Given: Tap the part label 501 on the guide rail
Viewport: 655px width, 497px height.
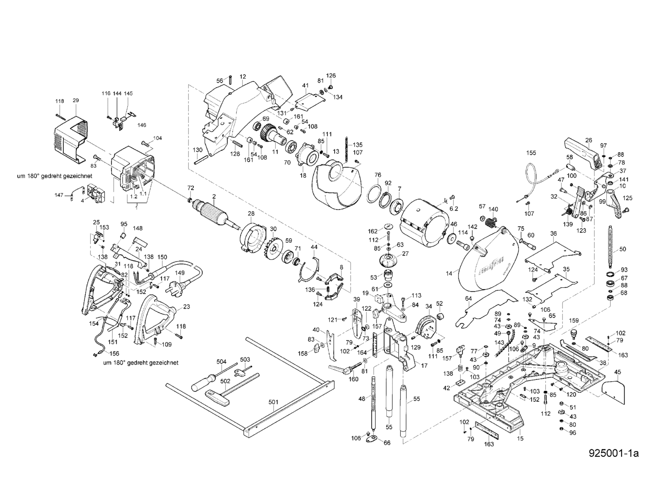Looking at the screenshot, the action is pos(273,402).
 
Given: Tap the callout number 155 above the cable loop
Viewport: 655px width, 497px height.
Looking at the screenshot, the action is pos(531,153).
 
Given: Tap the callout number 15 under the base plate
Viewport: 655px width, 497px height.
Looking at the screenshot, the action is pos(520,439).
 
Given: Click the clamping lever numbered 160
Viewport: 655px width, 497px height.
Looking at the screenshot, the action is pos(342,368).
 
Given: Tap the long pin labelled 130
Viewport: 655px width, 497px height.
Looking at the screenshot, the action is pos(203,159).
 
